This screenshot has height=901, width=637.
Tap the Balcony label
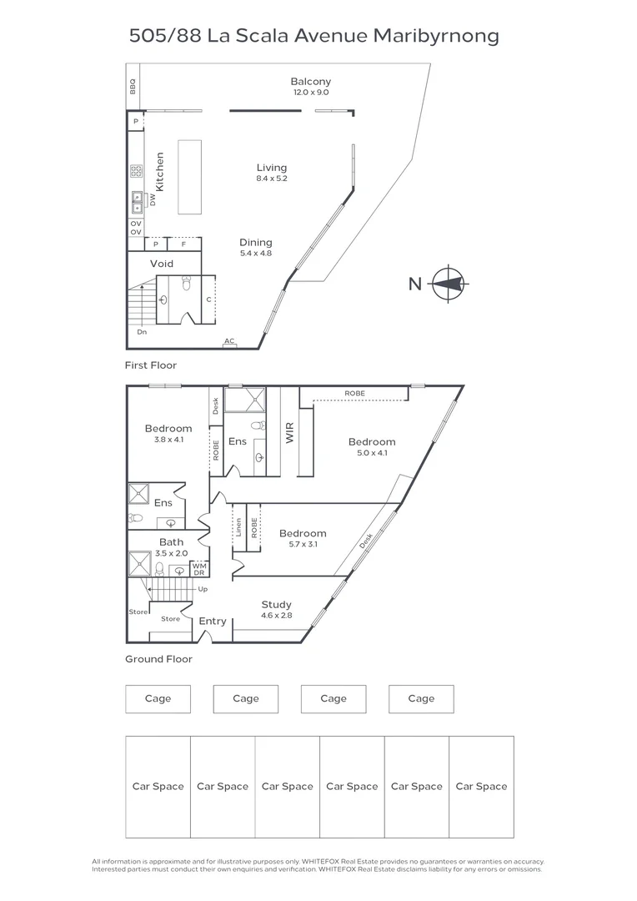click(310, 81)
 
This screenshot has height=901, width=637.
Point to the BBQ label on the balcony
click(133, 86)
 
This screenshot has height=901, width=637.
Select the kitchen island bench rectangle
click(189, 176)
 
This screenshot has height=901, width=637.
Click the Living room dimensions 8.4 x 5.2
click(272, 179)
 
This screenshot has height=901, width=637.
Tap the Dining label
click(256, 243)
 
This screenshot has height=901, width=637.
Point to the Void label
click(162, 264)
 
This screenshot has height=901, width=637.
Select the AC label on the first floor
click(228, 342)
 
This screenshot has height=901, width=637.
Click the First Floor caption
click(151, 365)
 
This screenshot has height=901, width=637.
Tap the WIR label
click(291, 432)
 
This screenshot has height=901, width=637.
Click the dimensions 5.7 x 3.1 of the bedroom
click(303, 544)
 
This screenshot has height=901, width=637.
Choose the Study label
click(275, 605)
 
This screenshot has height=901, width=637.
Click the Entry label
click(213, 621)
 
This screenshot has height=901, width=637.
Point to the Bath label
click(171, 542)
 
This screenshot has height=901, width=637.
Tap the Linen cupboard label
click(238, 527)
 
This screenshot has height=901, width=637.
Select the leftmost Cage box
click(158, 699)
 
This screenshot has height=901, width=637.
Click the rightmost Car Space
click(481, 786)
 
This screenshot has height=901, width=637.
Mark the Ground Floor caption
click(158, 659)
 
